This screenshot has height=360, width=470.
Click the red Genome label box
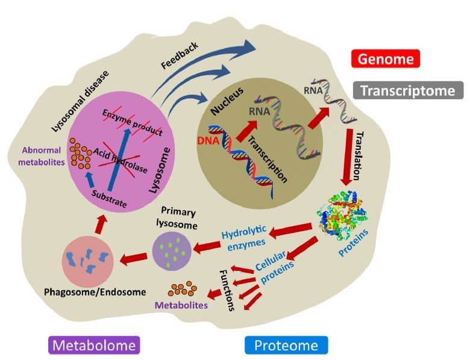click(x=385, y=59)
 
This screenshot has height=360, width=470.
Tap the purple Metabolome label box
click(x=93, y=345)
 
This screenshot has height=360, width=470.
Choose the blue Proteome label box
click(x=286, y=345)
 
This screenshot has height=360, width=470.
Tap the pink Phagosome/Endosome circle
click(x=89, y=260)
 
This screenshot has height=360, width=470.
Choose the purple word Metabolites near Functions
click(x=181, y=305)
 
